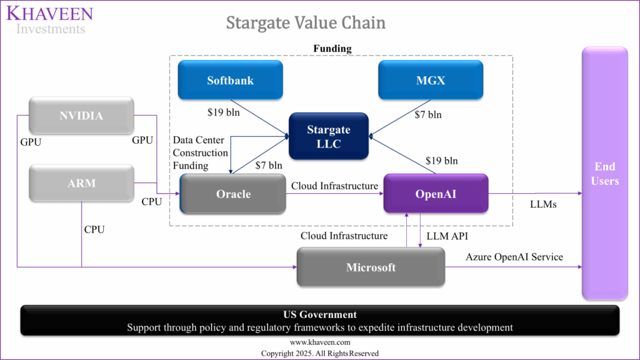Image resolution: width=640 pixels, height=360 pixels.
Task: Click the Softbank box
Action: pos(230,80)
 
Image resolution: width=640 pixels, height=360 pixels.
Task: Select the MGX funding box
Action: pos(431,80)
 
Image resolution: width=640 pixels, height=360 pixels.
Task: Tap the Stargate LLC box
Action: pos(328,136)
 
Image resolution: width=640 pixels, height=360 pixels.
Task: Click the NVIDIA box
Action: pos(81,116)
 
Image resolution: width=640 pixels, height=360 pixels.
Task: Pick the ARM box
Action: pos(81,184)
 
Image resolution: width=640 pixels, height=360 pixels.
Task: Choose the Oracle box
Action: pos(232,194)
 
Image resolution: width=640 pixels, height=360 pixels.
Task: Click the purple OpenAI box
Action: pos(435,194)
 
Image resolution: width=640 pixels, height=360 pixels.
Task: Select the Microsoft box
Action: pos(371,267)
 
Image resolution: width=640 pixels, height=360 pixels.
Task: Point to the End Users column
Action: pos(604,174)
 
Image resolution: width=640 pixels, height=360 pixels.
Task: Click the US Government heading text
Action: pos(319,314)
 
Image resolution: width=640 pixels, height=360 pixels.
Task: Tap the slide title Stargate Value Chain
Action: pos(305,23)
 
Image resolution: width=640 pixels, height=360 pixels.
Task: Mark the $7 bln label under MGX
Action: pos(428,114)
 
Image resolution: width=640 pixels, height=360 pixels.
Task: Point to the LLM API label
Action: pos(446,236)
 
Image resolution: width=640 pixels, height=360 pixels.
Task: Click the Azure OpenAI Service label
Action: pos(514,257)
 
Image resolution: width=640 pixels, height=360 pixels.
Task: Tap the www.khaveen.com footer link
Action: pos(319,342)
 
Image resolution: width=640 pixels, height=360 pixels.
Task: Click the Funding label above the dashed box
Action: pos(332,48)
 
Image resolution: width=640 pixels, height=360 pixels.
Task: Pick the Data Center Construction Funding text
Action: pos(200,152)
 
